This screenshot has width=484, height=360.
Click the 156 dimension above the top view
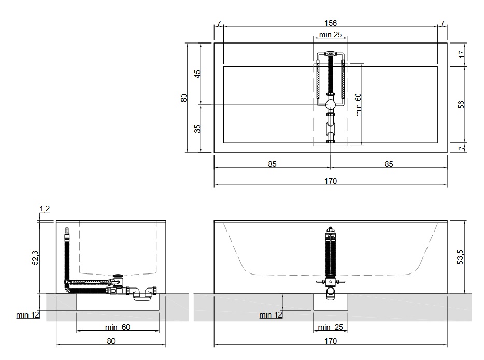330,23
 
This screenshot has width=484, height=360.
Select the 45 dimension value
197,74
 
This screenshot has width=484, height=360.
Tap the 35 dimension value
197,128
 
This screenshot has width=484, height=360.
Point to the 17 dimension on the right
461,54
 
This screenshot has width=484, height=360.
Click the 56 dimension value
461,105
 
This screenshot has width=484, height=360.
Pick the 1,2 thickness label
45,209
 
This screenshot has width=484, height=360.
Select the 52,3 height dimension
36,258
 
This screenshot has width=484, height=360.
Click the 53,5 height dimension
460,257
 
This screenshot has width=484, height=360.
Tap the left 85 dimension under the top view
272,164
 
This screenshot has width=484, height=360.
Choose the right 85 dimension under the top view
389,164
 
